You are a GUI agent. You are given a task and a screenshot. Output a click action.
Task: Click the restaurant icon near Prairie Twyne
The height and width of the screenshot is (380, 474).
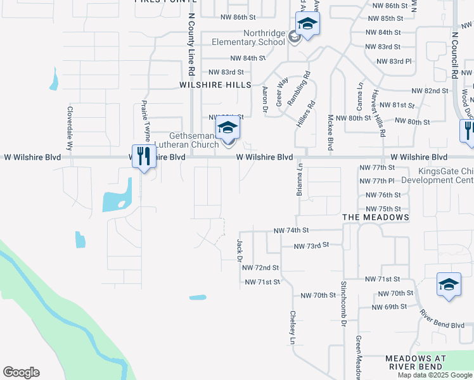(x=144, y=156)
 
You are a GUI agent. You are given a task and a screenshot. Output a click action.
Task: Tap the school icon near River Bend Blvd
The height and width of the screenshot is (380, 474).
(x=449, y=286)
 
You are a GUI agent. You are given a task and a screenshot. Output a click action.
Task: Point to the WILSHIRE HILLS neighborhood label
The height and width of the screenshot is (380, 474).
(x=215, y=84)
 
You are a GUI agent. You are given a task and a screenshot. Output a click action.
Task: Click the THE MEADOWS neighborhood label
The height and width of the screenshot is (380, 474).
(x=375, y=217)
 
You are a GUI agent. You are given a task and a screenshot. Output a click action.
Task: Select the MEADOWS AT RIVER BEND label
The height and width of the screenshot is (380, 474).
(x=416, y=362)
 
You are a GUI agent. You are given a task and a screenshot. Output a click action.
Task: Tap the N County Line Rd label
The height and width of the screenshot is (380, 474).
(x=191, y=47)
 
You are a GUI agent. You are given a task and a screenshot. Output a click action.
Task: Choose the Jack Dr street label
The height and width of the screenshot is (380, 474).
(x=240, y=250)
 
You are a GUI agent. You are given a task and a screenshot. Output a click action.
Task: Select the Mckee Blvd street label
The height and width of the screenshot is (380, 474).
(x=330, y=132)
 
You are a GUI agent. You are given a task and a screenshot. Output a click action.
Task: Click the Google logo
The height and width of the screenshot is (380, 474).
(x=21, y=372)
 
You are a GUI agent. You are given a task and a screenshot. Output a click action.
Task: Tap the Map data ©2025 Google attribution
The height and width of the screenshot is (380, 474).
(x=434, y=375)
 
